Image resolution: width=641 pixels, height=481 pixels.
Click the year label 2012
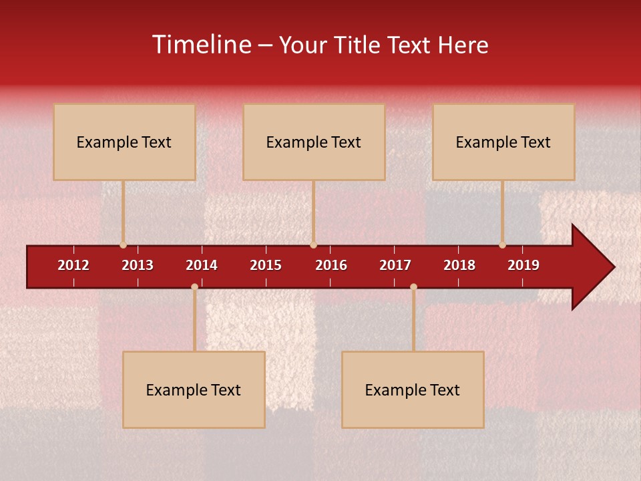tap(73, 265)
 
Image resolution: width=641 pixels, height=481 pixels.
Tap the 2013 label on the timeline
tap(138, 265)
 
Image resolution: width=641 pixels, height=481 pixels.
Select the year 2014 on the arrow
tap(202, 265)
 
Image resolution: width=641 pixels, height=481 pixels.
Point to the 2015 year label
tap(266, 265)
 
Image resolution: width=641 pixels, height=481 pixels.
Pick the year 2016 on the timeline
tap(331, 265)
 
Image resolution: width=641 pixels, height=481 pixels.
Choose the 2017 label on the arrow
tap(395, 265)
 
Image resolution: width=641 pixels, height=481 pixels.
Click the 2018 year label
tap(459, 265)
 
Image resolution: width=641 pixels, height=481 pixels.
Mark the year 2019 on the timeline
tap(523, 265)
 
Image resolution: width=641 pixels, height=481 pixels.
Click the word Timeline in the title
tap(201, 45)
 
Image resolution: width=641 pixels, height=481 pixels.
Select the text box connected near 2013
tap(124, 142)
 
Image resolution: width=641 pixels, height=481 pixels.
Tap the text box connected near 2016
tap(314, 142)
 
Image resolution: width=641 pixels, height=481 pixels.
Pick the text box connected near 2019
tap(503, 142)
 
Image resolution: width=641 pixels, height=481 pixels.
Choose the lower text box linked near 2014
tap(194, 389)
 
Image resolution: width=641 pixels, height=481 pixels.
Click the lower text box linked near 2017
tap(413, 389)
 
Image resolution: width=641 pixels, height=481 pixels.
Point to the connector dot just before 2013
tap(123, 245)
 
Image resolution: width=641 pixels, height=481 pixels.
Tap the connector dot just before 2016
tap(313, 245)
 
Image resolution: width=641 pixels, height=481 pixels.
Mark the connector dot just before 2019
tap(503, 245)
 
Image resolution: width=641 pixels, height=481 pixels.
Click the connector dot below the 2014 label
tap(194, 287)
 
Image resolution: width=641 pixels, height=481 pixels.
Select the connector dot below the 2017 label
tap(413, 287)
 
